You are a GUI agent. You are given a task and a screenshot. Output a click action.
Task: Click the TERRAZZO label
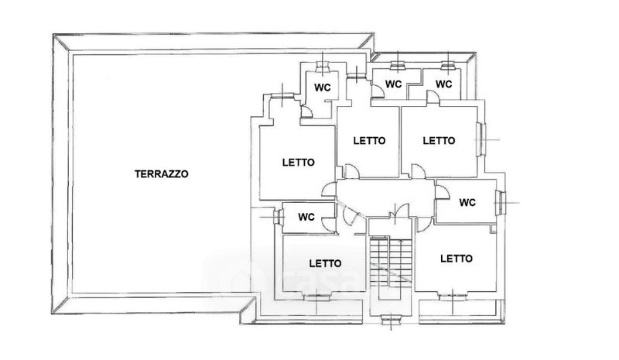[x=161, y=174]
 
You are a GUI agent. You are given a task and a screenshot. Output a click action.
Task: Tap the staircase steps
[x=391, y=262]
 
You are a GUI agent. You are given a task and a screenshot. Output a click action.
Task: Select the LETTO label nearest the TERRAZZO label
[x=299, y=163]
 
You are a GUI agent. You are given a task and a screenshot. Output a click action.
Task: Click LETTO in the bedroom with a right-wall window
[x=439, y=141]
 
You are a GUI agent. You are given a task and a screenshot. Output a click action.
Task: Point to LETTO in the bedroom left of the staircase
[x=325, y=263]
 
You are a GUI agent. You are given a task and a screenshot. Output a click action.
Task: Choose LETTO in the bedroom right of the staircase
[x=457, y=259]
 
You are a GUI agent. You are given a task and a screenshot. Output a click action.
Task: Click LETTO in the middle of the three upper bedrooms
[x=370, y=141]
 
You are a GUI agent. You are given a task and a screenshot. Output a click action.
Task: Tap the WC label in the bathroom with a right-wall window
[x=467, y=203]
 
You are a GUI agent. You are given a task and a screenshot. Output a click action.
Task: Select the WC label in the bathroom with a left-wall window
[x=306, y=217]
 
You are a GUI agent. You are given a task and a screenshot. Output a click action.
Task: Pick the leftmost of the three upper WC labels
[x=322, y=87]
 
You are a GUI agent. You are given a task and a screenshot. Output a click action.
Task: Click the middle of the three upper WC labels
[x=393, y=84]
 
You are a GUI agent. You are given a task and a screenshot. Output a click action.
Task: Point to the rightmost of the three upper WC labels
[x=443, y=84]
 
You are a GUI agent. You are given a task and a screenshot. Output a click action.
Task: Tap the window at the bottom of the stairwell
[x=392, y=317]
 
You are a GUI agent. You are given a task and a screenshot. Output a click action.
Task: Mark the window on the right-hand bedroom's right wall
[x=480, y=139]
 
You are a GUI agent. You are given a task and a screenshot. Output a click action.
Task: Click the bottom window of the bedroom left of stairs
[x=316, y=297]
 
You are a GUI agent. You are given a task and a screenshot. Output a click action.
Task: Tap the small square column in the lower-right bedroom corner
[x=493, y=229]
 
